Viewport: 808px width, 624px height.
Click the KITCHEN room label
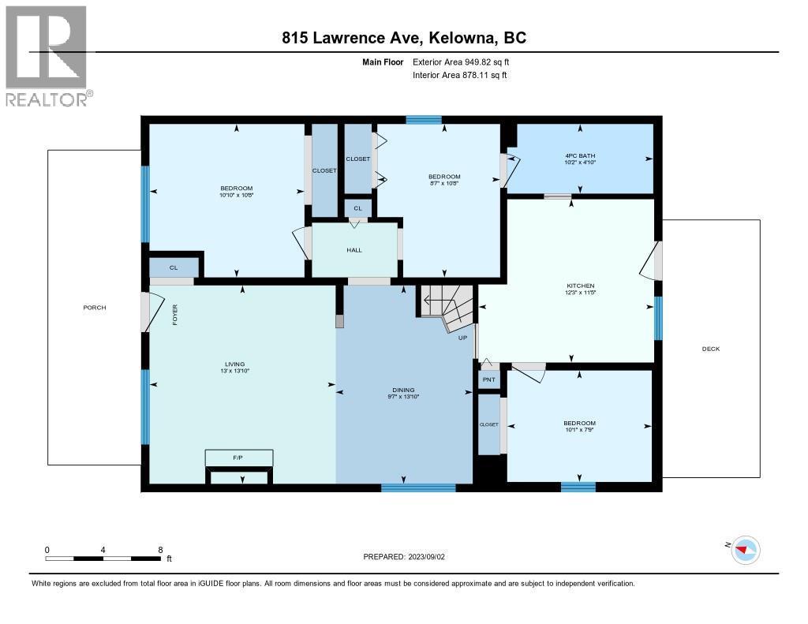(x=580, y=286)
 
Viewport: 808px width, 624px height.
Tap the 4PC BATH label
(x=580, y=155)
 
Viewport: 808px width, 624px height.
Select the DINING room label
(x=403, y=389)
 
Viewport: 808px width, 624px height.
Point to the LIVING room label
(x=235, y=364)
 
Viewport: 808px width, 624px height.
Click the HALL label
(x=353, y=250)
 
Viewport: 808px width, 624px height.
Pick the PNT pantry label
(x=488, y=379)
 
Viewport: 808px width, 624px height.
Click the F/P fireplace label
(x=238, y=458)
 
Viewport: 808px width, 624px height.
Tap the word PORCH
(x=95, y=308)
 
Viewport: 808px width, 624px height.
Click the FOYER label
(x=175, y=315)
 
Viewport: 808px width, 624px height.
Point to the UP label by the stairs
(x=464, y=338)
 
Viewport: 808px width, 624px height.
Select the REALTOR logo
(x=47, y=55)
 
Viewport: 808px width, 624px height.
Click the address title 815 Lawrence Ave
(x=404, y=38)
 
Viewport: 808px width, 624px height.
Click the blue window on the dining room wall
(x=418, y=488)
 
